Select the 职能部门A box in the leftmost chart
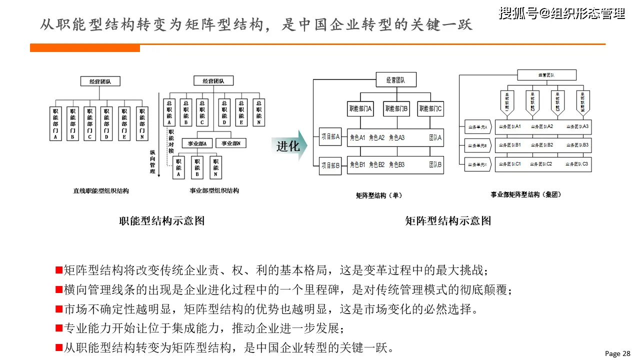pos(55,123)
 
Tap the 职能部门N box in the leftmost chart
pos(142,123)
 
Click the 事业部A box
pos(197,143)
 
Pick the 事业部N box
pos(231,143)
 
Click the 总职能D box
pos(224,112)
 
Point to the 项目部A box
pos(330,136)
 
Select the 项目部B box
pos(330,165)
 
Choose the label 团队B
pos(435,164)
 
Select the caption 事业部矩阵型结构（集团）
pos(525,194)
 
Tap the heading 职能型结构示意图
pos(161,220)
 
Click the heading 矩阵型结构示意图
pos(447,220)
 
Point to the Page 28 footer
pos(617,353)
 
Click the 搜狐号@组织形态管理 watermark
pos(561,13)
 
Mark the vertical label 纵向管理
pos(152,161)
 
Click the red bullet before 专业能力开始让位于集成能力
pos(58,328)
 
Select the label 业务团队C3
pos(577,163)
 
